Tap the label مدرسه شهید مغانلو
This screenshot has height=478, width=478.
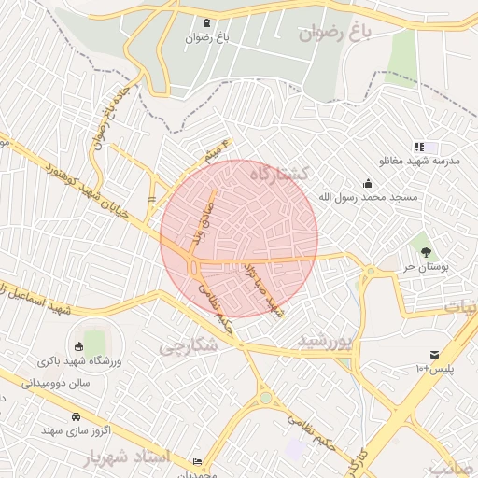point(427,162)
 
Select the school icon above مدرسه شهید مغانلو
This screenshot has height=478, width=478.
point(420,148)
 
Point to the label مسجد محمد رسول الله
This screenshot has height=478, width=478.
point(369,198)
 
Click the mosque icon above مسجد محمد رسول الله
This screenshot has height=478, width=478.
point(368,183)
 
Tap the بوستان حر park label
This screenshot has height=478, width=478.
point(426,266)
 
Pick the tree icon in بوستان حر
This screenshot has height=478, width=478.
point(426,251)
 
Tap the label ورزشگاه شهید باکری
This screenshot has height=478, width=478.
point(81,359)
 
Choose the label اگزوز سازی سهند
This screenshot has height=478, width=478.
point(77,431)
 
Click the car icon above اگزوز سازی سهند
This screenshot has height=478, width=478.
point(76,416)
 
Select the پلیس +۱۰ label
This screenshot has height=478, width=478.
point(436,369)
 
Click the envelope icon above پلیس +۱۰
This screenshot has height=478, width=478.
point(435,354)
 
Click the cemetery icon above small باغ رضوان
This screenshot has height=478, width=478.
point(206,23)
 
